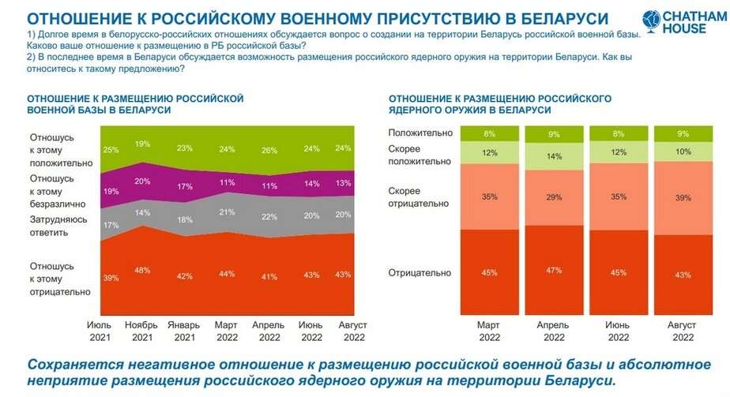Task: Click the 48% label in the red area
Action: (x=142, y=270)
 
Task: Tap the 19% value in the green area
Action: (x=142, y=144)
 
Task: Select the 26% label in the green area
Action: (x=269, y=150)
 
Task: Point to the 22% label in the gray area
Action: (x=269, y=217)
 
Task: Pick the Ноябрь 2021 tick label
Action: (x=142, y=331)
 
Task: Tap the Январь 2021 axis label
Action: (x=185, y=331)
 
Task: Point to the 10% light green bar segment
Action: (x=683, y=152)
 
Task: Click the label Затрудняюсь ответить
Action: (x=59, y=227)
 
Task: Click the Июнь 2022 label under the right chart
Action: (x=618, y=331)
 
